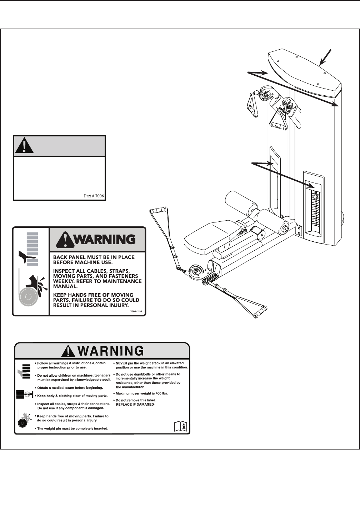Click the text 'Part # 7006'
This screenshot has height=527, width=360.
point(94,196)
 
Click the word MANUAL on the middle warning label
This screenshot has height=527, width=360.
point(65,286)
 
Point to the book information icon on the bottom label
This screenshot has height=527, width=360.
point(181,426)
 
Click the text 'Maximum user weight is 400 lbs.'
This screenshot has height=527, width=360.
point(142,393)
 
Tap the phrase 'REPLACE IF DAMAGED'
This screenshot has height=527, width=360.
point(135,404)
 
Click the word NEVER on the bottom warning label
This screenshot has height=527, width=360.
point(122,363)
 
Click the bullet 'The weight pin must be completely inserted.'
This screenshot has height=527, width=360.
point(72,428)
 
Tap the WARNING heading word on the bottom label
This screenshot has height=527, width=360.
point(111,351)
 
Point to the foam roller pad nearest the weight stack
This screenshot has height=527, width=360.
point(274,221)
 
